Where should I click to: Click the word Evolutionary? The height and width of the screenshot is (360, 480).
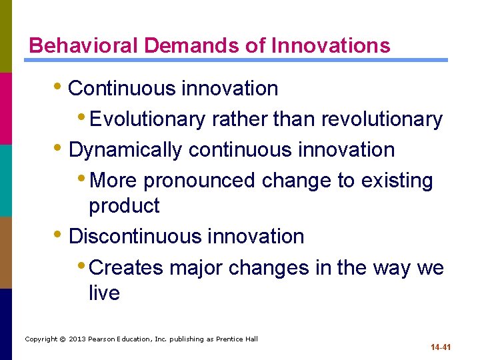(x=147, y=119)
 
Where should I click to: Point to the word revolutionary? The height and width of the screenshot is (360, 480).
(x=382, y=119)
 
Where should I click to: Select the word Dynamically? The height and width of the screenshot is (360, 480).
(x=125, y=150)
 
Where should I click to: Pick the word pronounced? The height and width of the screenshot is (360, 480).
(x=199, y=181)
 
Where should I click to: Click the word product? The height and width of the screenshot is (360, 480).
(x=124, y=206)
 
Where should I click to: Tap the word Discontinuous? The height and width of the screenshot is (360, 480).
(x=136, y=237)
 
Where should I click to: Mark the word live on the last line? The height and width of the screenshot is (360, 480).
(x=104, y=293)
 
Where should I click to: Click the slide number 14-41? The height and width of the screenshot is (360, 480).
(x=441, y=347)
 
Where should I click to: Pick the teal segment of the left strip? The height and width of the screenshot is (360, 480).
(x=5, y=180)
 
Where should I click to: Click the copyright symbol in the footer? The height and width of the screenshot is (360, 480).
(x=63, y=339)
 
